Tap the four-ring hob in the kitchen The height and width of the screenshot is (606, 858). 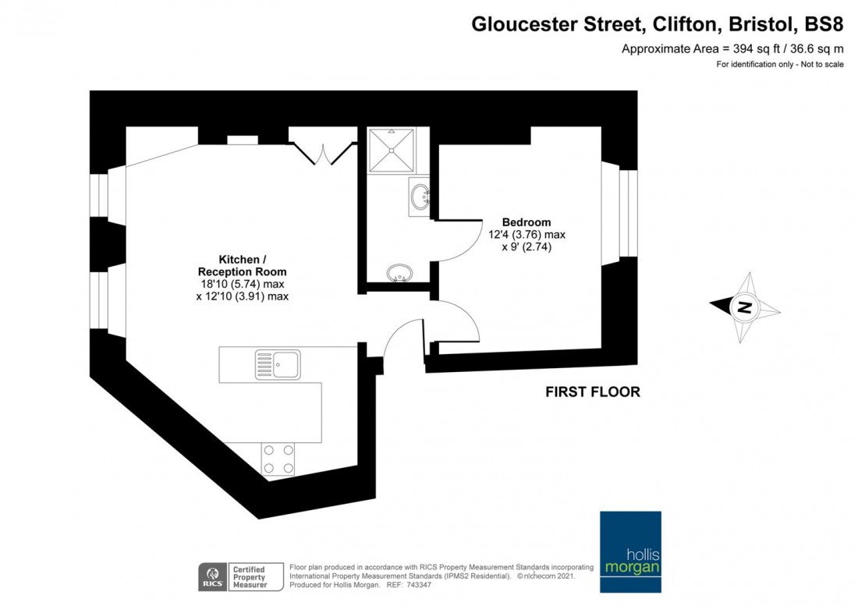[x=278, y=459]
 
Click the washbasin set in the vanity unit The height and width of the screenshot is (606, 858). [x=420, y=195]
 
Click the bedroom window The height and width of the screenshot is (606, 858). [x=627, y=213]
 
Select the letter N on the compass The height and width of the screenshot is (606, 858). [x=744, y=307]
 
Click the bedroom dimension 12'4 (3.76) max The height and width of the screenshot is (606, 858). [x=527, y=234]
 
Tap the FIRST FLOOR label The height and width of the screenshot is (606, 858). [x=592, y=392]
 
